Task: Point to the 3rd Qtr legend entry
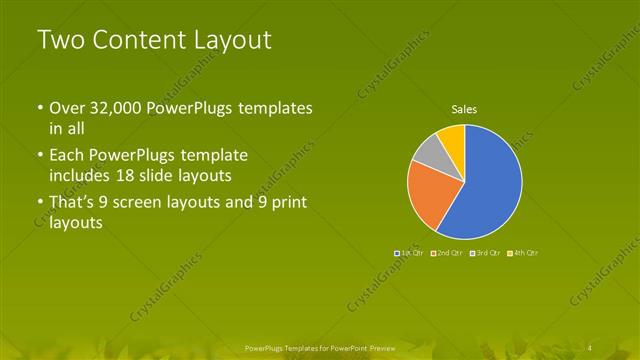coord(486,253)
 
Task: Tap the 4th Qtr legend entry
coord(525,253)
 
